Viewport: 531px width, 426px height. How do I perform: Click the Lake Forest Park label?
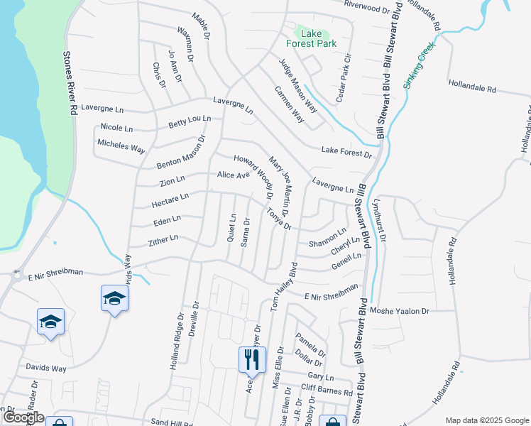pyautogui.click(x=317, y=38)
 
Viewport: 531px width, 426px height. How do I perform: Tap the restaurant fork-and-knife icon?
pyautogui.click(x=252, y=360)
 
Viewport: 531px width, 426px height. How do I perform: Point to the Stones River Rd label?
pyautogui.click(x=70, y=83)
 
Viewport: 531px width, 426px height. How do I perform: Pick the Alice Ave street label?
pyautogui.click(x=234, y=175)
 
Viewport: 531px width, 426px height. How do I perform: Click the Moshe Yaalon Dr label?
pyautogui.click(x=400, y=311)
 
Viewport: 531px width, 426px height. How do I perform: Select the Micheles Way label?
pyautogui.click(x=121, y=146)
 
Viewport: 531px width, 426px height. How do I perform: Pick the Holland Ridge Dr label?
pyautogui.click(x=177, y=344)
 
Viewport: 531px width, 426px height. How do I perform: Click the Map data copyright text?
pyautogui.click(x=486, y=420)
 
